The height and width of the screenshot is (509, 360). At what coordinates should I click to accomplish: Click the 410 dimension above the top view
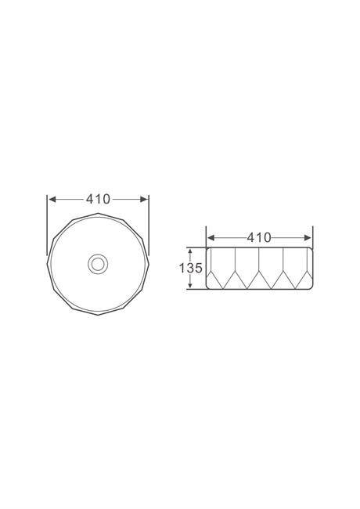[x=98, y=199]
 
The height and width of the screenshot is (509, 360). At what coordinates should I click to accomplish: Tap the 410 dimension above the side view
[x=259, y=237]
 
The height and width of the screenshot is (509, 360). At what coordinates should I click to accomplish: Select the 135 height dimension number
[x=191, y=268]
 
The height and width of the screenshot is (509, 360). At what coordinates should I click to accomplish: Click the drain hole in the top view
[x=98, y=264]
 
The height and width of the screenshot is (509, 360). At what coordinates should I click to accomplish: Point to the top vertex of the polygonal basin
[x=98, y=213]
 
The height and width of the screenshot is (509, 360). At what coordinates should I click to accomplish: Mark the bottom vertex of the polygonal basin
[x=98, y=315]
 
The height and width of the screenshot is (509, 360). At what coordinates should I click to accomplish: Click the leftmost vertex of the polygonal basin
[x=48, y=264]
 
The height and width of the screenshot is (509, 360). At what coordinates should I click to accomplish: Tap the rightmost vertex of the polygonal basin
[x=149, y=264]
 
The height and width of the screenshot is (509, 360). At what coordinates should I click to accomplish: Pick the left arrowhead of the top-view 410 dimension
[x=52, y=199]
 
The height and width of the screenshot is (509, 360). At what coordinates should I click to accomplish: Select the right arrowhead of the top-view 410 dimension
[x=144, y=199]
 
